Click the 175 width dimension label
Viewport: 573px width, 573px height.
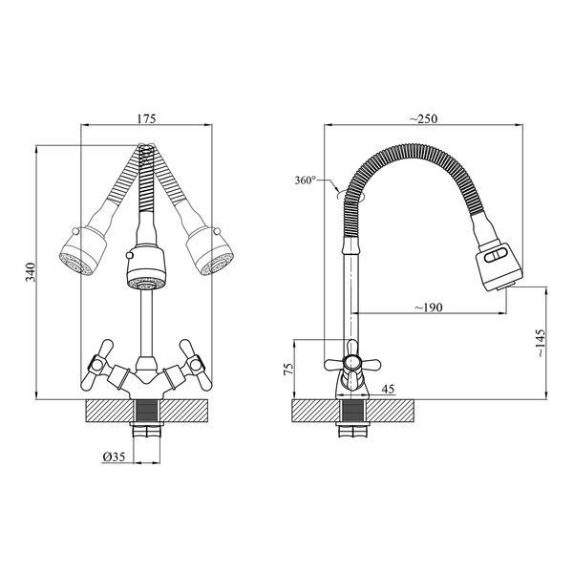click(146, 118)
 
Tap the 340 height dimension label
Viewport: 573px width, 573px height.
click(31, 272)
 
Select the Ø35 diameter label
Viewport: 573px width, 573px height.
click(114, 456)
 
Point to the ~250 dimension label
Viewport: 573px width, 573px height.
click(423, 118)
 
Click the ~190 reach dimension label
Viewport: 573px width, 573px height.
click(428, 308)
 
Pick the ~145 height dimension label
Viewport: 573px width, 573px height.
click(541, 344)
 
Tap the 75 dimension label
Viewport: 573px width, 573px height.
click(288, 368)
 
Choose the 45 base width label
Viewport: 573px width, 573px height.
click(388, 389)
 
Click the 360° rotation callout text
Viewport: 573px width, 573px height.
click(306, 180)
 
